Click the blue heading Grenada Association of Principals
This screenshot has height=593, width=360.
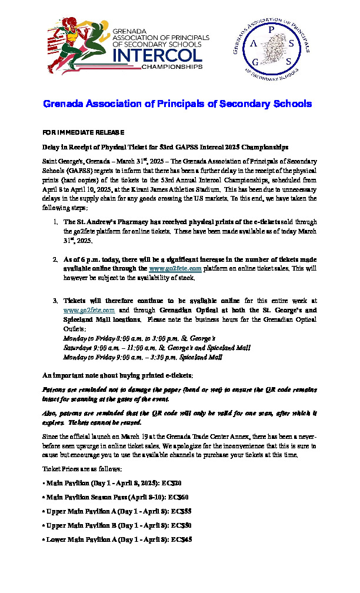click(x=177, y=104)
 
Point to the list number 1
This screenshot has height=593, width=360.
click(x=52, y=222)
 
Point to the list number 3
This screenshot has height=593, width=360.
click(x=52, y=300)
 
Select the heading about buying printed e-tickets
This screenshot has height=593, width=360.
click(x=118, y=375)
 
